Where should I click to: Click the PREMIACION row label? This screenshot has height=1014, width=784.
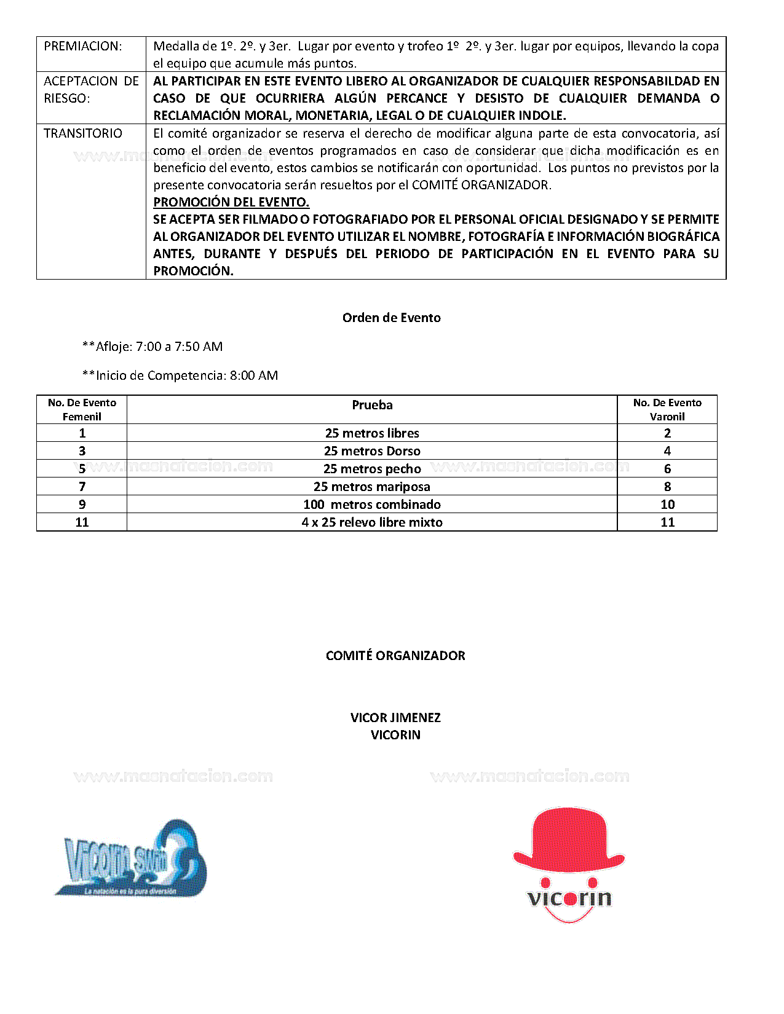[82, 46]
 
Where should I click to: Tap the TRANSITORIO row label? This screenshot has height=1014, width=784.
[83, 133]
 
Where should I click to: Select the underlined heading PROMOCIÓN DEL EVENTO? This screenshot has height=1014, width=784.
[231, 202]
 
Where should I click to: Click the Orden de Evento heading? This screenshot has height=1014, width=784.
[392, 318]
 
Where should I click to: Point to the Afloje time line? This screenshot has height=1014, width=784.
[152, 347]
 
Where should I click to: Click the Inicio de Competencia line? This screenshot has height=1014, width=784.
[180, 375]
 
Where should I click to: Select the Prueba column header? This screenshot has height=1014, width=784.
[372, 405]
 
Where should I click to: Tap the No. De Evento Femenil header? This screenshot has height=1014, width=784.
[82, 409]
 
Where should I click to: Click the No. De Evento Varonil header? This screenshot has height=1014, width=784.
[667, 409]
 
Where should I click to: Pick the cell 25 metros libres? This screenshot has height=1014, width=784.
[372, 433]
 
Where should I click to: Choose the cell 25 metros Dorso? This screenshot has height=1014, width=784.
[372, 451]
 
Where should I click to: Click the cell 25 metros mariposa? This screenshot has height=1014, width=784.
[372, 487]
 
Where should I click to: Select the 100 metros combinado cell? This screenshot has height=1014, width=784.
[372, 505]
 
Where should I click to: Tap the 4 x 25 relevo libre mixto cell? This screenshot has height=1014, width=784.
[372, 522]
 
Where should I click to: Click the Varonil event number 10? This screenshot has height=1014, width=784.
[667, 505]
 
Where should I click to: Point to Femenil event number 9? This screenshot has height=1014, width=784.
[82, 505]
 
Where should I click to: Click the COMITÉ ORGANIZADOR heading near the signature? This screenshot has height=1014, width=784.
[395, 656]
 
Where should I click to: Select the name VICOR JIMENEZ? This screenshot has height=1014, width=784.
[395, 718]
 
